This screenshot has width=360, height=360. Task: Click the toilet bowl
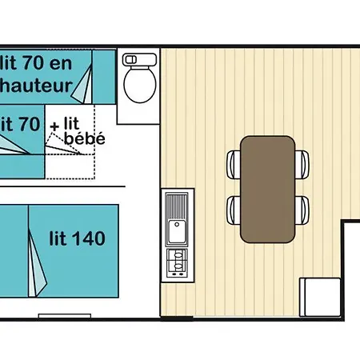[140, 84]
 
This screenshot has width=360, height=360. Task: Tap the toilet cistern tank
[140, 59]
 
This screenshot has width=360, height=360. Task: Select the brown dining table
[268, 190]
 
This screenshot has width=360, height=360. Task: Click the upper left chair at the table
[234, 165]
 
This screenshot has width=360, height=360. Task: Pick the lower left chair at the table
[234, 210]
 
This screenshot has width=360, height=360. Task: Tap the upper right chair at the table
[302, 165]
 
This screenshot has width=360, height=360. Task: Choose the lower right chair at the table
[302, 210]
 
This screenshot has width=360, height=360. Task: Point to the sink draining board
[177, 206]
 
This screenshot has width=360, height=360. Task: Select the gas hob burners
[177, 263]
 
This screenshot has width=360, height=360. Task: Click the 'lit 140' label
[78, 238]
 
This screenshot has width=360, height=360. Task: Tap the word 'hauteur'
[36, 86]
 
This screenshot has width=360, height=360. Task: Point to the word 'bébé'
[85, 138]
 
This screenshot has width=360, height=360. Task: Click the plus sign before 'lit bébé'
[54, 126]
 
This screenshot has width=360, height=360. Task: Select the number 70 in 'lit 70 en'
[34, 63]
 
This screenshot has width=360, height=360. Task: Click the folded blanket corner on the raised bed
[83, 85]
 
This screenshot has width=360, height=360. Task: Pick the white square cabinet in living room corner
[320, 297]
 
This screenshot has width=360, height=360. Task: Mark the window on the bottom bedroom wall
[65, 316]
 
